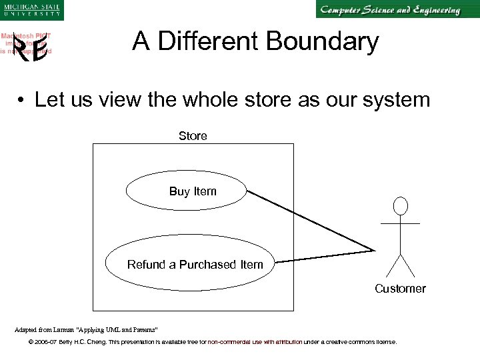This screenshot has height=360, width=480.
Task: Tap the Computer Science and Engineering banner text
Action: coord(390,10)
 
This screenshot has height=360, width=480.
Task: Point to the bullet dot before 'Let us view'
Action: coord(22,101)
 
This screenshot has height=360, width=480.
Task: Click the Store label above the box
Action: coord(193,136)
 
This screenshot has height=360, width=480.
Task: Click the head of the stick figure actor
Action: coord(400,205)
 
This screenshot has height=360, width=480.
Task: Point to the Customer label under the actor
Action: coord(400,289)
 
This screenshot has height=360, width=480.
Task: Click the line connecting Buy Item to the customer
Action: coord(310,221)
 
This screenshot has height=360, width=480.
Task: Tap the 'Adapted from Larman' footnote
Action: coord(86,329)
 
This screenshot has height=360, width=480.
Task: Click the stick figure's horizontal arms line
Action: coord(400,223)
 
